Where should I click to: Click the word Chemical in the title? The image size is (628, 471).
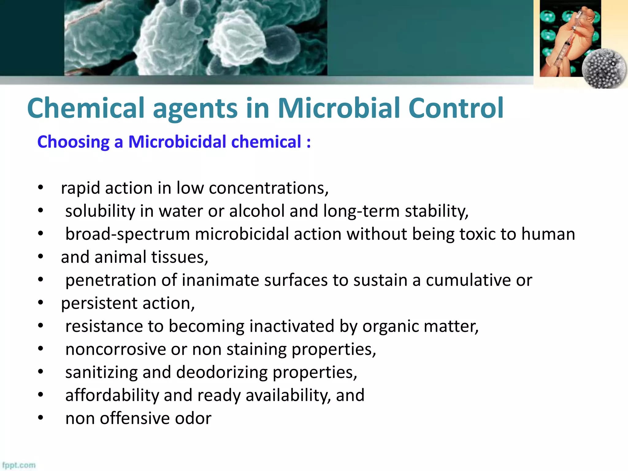click(x=86, y=108)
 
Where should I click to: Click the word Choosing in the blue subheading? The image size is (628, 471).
click(x=73, y=142)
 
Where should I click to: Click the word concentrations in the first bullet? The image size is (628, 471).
click(x=269, y=188)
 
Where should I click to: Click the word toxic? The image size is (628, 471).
click(x=477, y=234)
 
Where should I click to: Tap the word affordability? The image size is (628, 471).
click(x=112, y=395)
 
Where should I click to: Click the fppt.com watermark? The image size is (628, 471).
click(x=19, y=465)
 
